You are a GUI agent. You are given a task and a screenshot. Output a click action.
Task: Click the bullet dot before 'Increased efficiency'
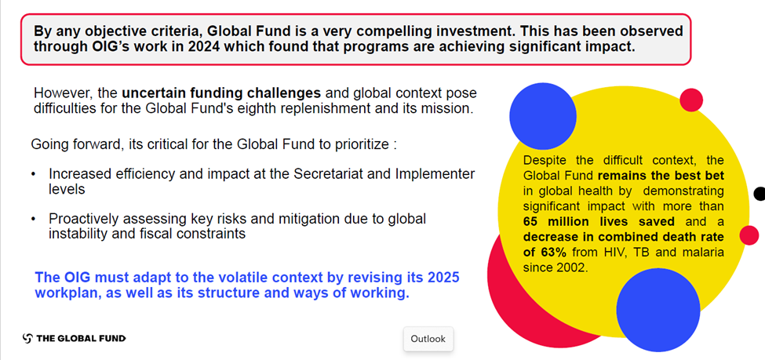33,175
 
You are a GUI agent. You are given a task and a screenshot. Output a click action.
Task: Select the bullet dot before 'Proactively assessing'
33,219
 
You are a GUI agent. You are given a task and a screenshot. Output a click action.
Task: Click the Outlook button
428,339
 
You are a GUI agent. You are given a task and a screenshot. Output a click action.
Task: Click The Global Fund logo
75,338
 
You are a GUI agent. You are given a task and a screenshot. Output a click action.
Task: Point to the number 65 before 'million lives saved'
530,222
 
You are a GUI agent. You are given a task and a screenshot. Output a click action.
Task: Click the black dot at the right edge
760,194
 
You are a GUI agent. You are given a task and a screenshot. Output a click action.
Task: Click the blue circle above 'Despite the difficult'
543,116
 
